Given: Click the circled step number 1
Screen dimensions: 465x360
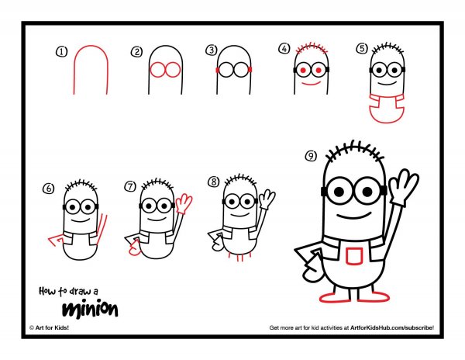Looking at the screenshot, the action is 62,52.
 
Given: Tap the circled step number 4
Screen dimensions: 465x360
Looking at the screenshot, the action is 284,48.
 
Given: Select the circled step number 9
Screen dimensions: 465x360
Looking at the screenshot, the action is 311,156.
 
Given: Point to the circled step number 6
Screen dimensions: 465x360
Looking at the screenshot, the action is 49,189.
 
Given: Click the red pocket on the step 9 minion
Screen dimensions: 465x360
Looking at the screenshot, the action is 354,256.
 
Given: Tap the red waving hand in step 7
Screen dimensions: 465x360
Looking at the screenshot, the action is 184,203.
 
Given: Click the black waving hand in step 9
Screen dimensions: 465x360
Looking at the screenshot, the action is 403,187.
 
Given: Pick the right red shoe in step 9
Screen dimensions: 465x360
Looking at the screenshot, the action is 374,296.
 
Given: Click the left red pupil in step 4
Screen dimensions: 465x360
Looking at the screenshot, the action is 303,71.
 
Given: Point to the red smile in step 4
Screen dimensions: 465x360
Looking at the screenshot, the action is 312,83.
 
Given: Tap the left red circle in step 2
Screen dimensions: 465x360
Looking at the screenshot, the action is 157,70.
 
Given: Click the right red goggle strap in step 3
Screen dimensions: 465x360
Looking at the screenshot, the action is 250,70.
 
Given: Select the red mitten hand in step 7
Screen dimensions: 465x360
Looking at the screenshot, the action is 135,248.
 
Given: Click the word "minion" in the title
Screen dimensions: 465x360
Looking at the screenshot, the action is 90,310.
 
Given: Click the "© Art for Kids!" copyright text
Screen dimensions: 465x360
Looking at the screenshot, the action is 50,327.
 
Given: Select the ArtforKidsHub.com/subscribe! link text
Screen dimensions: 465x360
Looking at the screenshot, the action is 392,327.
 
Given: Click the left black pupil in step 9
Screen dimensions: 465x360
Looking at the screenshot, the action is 339,192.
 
